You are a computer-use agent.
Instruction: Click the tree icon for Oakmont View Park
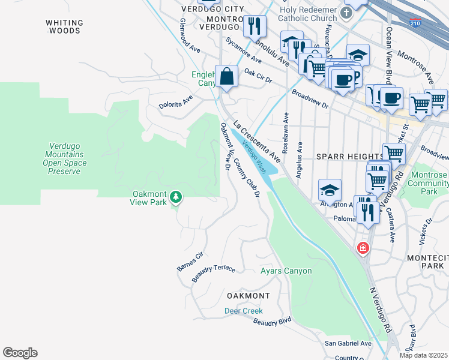175,197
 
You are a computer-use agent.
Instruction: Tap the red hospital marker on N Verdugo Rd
363,248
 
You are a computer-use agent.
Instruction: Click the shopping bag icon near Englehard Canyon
226,77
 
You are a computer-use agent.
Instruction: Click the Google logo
20,353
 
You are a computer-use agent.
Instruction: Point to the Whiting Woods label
64,26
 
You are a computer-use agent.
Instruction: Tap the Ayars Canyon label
286,271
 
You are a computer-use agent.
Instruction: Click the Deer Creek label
244,311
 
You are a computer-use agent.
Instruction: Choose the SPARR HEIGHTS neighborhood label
349,157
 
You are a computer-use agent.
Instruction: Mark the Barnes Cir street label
191,262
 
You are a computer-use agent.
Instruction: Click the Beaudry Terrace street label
214,273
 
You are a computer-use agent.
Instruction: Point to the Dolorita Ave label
175,101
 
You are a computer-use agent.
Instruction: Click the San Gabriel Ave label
348,344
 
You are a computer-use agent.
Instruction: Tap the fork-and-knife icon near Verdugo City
256,26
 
